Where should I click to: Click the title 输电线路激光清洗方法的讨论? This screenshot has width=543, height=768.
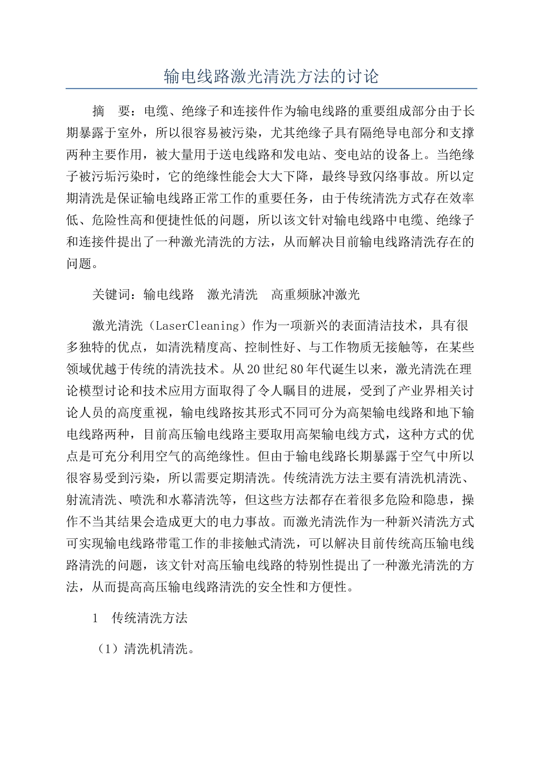click(x=271, y=77)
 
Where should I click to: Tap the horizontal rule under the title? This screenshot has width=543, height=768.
click(x=271, y=89)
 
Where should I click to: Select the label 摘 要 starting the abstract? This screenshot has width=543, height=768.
click(x=112, y=111)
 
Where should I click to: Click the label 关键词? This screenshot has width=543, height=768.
click(x=111, y=295)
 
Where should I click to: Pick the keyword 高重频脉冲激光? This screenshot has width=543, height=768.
click(x=316, y=295)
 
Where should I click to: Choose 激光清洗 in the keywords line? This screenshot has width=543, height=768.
click(x=233, y=295)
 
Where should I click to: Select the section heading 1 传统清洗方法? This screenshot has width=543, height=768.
click(x=140, y=618)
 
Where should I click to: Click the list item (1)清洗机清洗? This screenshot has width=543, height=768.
click(x=145, y=650)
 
